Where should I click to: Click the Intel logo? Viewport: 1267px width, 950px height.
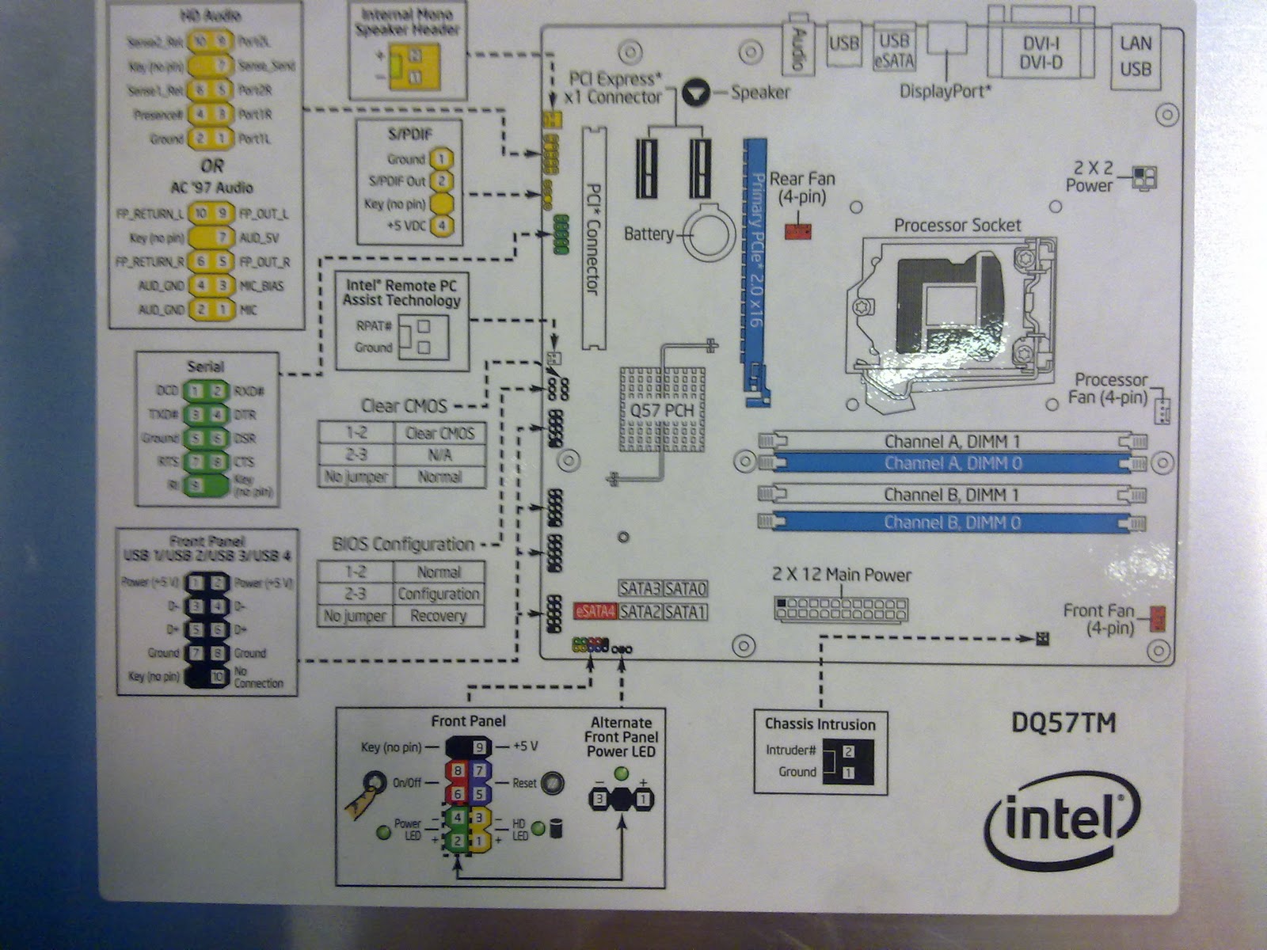coord(1062,820)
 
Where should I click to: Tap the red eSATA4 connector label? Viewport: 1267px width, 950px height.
coord(595,612)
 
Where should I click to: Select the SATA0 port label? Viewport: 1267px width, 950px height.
coord(685,589)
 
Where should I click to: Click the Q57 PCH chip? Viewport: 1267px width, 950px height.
coord(662,409)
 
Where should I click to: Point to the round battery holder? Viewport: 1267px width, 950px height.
coord(713,232)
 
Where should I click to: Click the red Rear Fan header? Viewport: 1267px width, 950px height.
coord(798,231)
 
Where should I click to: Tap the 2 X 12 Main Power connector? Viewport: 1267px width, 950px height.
coord(841,609)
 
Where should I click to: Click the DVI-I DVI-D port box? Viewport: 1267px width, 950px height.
coord(1041,53)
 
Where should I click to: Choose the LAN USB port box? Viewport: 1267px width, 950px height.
coord(1135,55)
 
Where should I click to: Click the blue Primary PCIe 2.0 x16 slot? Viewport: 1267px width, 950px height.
coord(755,269)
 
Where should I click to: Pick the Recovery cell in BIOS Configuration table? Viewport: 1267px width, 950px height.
coord(438,616)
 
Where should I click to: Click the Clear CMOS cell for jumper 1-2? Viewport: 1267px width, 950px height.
coord(439,434)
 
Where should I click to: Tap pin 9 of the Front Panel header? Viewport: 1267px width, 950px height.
coord(478,747)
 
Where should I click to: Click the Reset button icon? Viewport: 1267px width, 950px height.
coord(552,783)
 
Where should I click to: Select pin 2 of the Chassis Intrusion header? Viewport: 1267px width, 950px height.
coord(848,751)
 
